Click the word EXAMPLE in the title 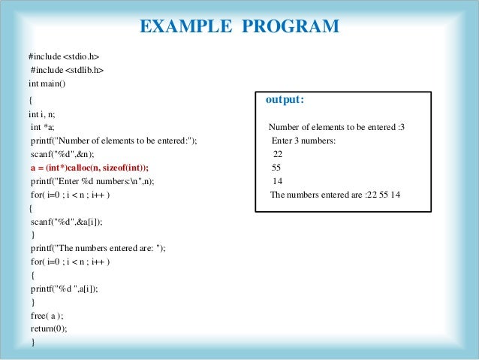point(185,28)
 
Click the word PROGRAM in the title point(291,28)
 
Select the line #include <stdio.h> point(64,56)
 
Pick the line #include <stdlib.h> point(67,70)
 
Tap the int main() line point(47,83)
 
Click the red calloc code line point(90,168)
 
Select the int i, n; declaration point(43,113)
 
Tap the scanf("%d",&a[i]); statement point(67,222)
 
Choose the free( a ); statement point(47,316)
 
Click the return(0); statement point(49,329)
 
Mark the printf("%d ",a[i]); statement point(65,288)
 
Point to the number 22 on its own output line point(277,154)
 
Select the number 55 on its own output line point(276,168)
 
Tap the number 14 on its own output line point(277,181)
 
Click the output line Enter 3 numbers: point(303,141)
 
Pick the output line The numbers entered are point(335,195)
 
